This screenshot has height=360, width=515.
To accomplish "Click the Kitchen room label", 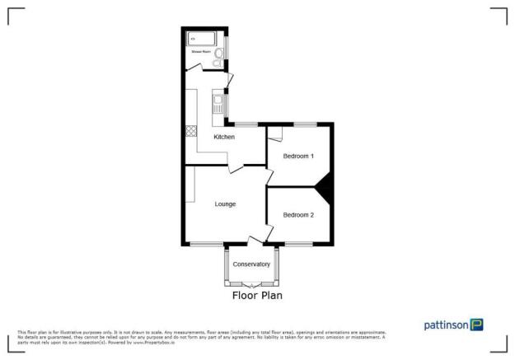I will coord(224,137).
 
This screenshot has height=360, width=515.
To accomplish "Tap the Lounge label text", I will coord(225,203).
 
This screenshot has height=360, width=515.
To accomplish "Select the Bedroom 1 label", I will coord(298,155).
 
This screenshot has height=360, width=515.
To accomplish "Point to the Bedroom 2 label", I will coord(298,215).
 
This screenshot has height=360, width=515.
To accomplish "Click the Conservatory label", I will coord(251,264).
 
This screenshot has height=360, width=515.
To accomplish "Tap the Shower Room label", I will coord(201,52).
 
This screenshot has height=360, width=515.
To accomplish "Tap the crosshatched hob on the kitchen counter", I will coord(191,129).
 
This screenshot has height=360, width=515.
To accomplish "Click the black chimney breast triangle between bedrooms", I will coord(325,187).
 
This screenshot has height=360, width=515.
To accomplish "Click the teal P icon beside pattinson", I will coord(476,325).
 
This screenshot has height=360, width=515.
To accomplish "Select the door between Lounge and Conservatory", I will coord(255,240).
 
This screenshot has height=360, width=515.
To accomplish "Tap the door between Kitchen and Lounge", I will coord(236,168).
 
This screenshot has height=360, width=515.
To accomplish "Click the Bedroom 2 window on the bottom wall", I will coord(298,245).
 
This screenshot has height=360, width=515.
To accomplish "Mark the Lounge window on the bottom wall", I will coord(206,245).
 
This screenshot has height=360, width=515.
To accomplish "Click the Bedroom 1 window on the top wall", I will coord(306,124).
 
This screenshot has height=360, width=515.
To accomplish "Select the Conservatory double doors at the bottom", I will coord(251,283).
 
